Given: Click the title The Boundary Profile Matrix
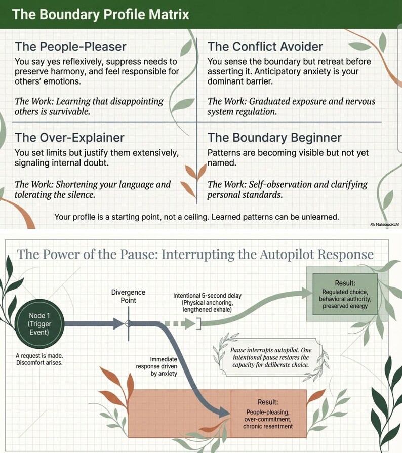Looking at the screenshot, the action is coord(101,14).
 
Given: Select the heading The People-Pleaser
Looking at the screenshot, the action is coord(70,47).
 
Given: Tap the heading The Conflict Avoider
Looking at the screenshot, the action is coord(265,47).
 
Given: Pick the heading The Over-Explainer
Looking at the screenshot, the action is coord(69,138).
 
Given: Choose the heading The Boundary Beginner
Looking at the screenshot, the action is coord(274,138).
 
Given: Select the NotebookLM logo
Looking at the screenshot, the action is coord(384,225).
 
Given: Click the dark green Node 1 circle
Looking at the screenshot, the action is coord(39,324).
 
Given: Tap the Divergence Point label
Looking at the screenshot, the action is coord(128,296).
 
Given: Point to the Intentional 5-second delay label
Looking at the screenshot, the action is coord(207,303).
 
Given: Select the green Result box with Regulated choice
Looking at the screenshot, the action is coord(345,294).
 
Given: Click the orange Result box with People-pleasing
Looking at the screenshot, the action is coord(268,414).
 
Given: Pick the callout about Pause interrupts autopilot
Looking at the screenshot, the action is coord(271,357).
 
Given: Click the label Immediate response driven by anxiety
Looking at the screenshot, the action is coord(156,366).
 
